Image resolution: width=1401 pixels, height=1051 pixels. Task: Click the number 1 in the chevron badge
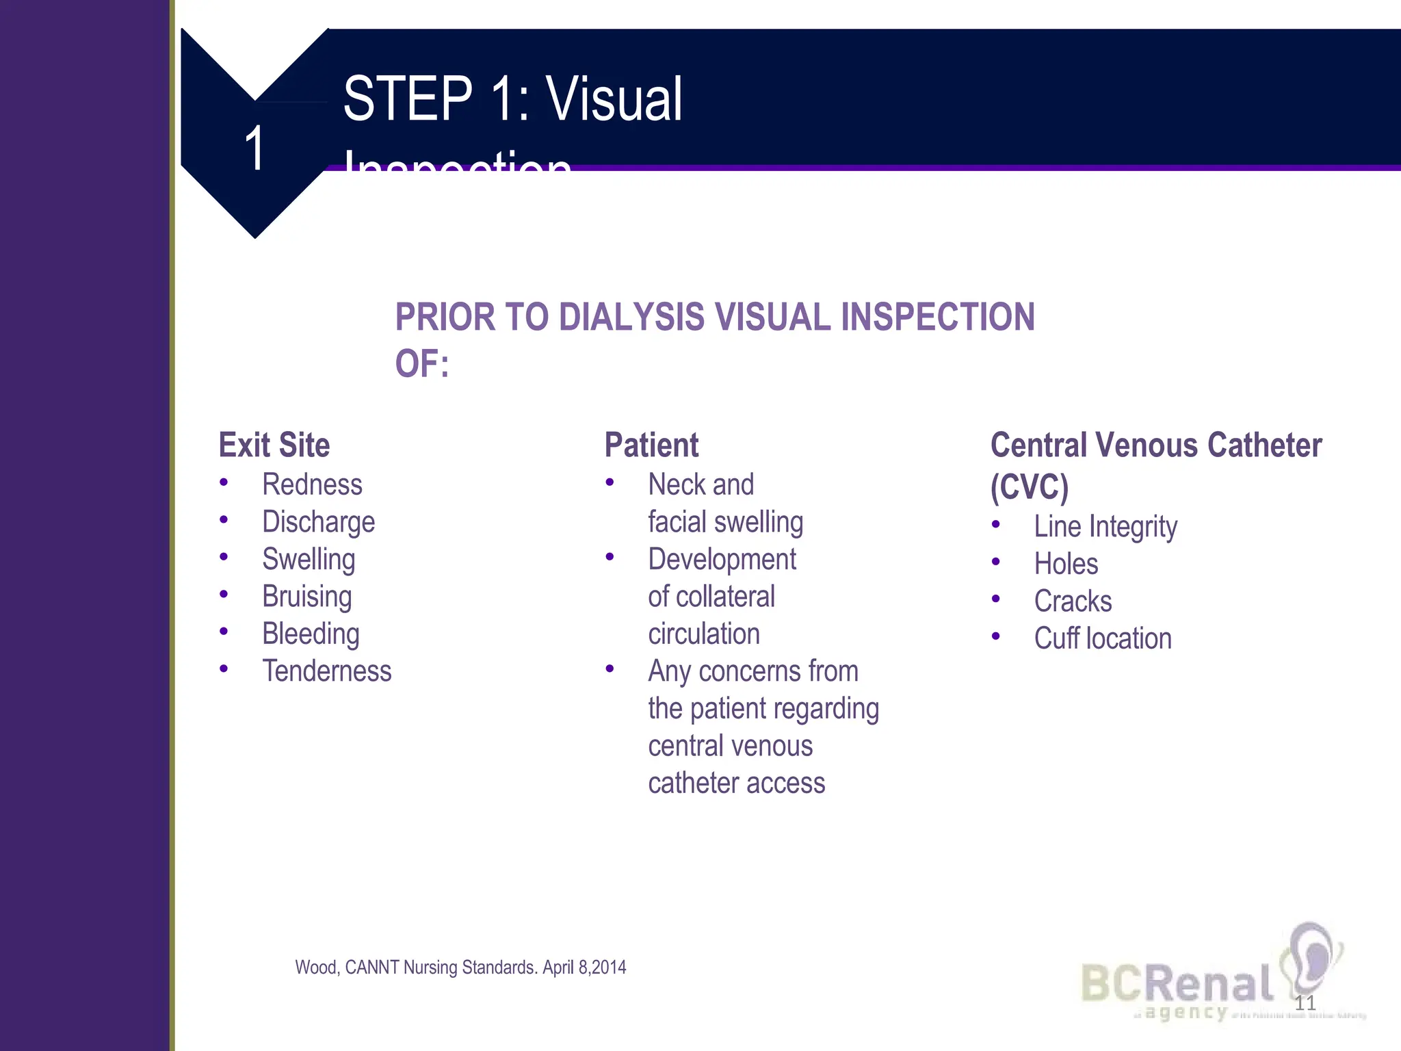tap(254, 148)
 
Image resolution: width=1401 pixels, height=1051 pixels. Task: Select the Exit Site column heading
tap(274, 445)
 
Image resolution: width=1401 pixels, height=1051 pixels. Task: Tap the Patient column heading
tap(651, 445)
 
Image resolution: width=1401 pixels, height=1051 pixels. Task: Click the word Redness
tap(312, 485)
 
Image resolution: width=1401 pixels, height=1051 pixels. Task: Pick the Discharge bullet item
tap(319, 523)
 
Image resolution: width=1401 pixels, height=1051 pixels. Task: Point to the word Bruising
tap(307, 597)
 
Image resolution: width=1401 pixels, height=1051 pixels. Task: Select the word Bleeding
tap(311, 634)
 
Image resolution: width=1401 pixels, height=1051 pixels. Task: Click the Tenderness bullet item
tap(327, 671)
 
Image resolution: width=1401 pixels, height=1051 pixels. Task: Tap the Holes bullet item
tap(1066, 565)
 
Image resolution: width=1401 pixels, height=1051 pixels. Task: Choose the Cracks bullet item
tap(1073, 601)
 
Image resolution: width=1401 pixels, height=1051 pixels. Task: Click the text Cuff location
tap(1103, 639)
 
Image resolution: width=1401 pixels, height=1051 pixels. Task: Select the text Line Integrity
tap(1105, 528)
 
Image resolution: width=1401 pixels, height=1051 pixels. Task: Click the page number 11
tap(1305, 1004)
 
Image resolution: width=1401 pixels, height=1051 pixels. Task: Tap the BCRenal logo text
tap(1177, 983)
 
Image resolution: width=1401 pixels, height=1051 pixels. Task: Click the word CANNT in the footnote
tap(372, 968)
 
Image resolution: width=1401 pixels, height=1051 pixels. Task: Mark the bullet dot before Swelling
tap(224, 557)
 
